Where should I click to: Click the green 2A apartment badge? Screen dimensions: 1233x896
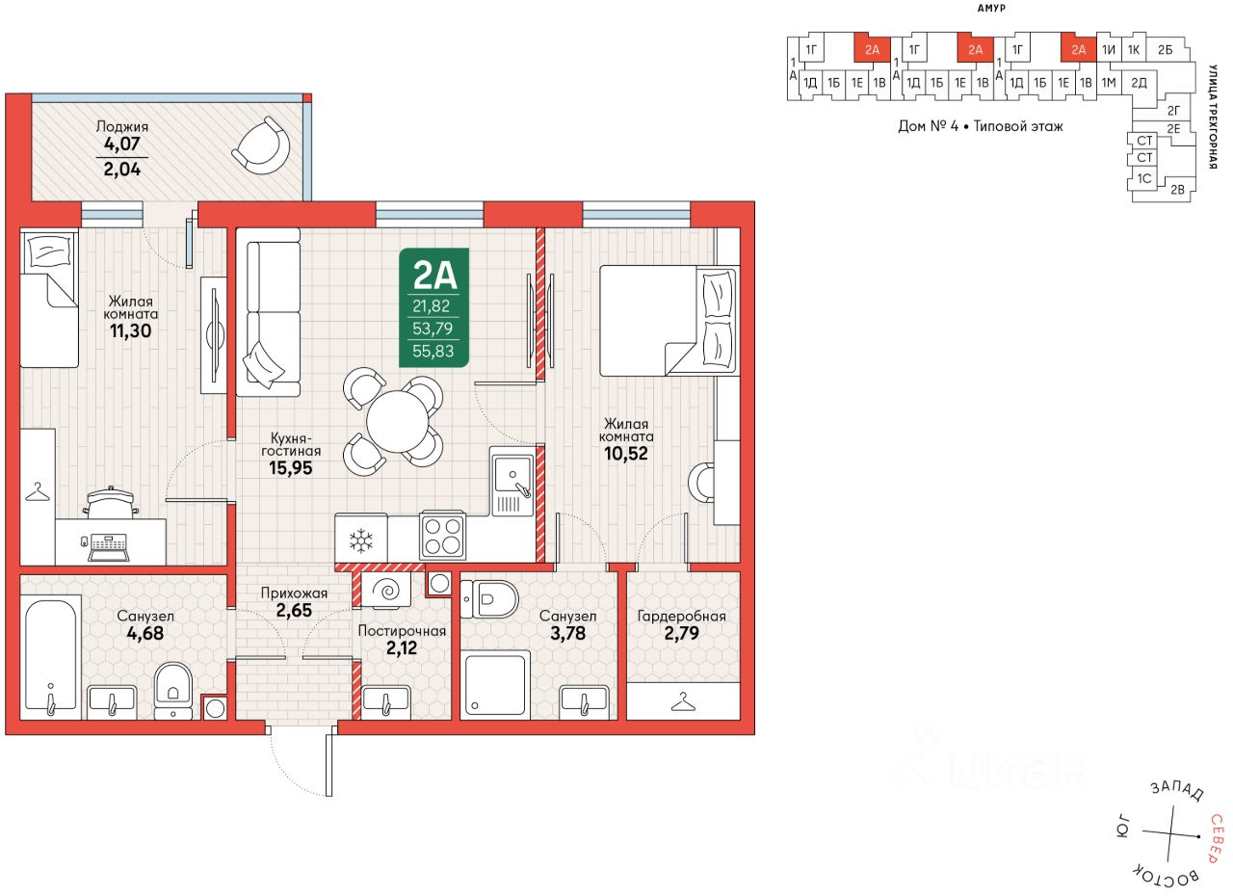[433, 307]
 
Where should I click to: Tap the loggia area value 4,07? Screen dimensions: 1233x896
[122, 145]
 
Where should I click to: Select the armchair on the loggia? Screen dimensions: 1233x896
[261, 145]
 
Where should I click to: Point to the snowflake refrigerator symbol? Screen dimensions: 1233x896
[361, 540]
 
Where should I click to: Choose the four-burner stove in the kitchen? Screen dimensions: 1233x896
[443, 536]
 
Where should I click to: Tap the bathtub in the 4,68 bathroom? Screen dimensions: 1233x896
[51, 657]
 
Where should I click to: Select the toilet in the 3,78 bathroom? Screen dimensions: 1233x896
[488, 599]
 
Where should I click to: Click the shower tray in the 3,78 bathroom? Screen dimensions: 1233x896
[495, 685]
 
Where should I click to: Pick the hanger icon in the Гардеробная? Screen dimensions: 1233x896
[683, 701]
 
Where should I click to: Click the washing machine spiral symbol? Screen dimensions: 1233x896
[387, 592]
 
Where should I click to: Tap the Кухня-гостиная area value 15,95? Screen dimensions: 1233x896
[291, 468]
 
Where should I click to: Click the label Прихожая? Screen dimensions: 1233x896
[294, 593]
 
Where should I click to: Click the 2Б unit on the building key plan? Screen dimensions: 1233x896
[1165, 50]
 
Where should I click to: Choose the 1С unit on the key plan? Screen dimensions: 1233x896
[1144, 178]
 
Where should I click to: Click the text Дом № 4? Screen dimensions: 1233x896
[928, 126]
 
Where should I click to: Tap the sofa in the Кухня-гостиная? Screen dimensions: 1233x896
[269, 312]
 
